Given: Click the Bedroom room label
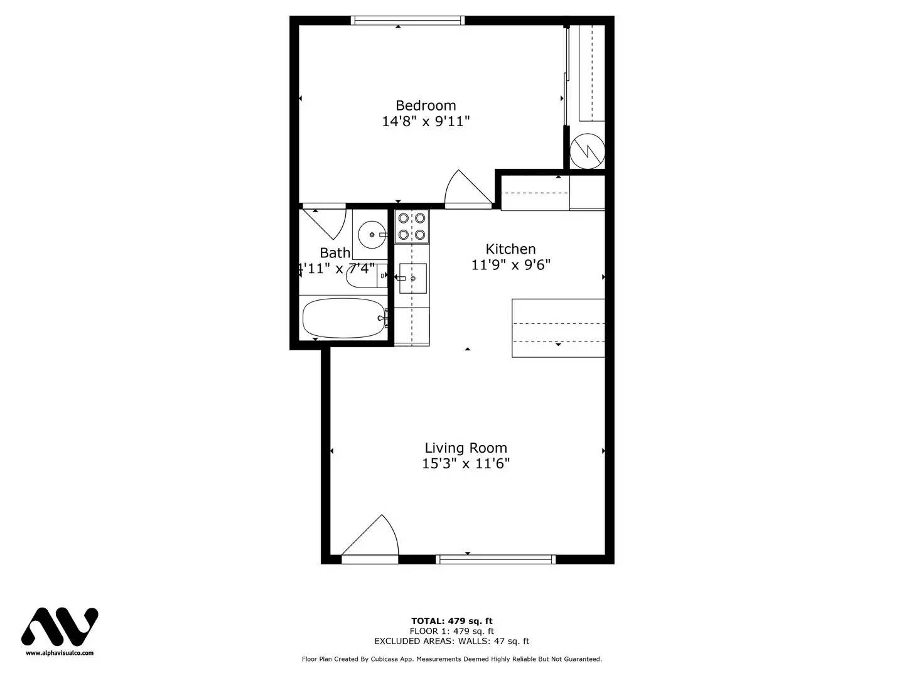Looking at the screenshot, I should click(426, 105).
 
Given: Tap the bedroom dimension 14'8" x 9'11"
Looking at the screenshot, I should click(426, 122).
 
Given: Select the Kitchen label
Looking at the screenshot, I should click(510, 249).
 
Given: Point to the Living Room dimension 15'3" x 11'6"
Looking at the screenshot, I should click(466, 464).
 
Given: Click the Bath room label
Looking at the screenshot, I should click(335, 253).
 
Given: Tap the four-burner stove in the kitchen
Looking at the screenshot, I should click(412, 227).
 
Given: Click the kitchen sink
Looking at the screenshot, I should click(412, 278).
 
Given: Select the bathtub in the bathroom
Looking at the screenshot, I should click(343, 318).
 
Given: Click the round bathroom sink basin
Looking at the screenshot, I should click(372, 235).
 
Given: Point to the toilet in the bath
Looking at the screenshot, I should click(363, 276).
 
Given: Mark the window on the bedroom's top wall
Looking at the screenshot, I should click(408, 21).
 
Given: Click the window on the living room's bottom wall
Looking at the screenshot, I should click(496, 559).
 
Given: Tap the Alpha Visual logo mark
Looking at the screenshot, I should click(60, 627).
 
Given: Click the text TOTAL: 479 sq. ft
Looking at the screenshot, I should click(451, 621).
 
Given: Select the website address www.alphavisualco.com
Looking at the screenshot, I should click(60, 653).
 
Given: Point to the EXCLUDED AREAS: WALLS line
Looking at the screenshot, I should click(451, 641).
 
